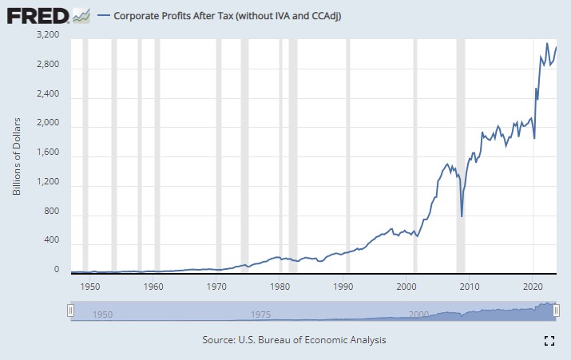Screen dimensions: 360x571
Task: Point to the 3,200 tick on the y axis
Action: pos(49,35)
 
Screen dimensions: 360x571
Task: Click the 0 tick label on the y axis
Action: pos(57,270)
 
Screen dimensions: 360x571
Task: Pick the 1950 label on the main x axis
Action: pos(90,285)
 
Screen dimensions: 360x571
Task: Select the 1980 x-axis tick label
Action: pos(280,285)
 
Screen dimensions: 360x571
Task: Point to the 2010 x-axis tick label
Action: pos(470,285)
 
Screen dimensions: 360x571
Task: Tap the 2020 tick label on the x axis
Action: pos(533,285)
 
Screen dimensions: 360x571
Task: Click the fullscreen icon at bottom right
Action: pos(549,341)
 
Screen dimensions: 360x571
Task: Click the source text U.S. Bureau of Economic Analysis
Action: pos(294,340)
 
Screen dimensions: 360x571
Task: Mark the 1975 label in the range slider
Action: pos(260,315)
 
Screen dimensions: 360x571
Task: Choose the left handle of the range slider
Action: pos(70,311)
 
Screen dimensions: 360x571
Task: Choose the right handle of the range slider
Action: pos(557,311)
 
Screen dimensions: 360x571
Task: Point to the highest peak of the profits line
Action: pos(547,43)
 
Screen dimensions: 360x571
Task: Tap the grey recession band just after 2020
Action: pos(535,160)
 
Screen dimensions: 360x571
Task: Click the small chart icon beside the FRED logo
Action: pos(81,15)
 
